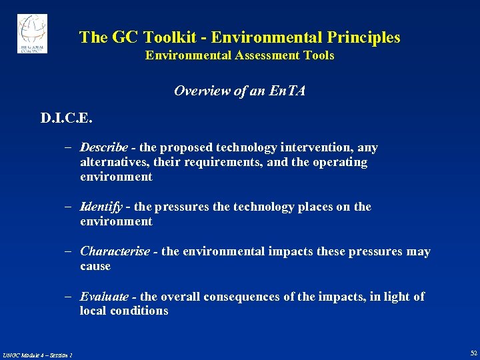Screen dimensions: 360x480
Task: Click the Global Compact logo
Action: pos(32,33)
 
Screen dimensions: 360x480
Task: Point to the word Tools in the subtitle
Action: pos(319,56)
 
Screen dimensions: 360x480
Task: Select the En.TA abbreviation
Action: pos(287,91)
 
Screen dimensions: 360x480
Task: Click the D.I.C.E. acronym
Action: pos(67,119)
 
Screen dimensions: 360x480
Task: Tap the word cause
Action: pos(95,266)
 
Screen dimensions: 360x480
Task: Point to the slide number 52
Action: pos(473,353)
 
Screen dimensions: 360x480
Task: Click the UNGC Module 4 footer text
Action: pos(37,354)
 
